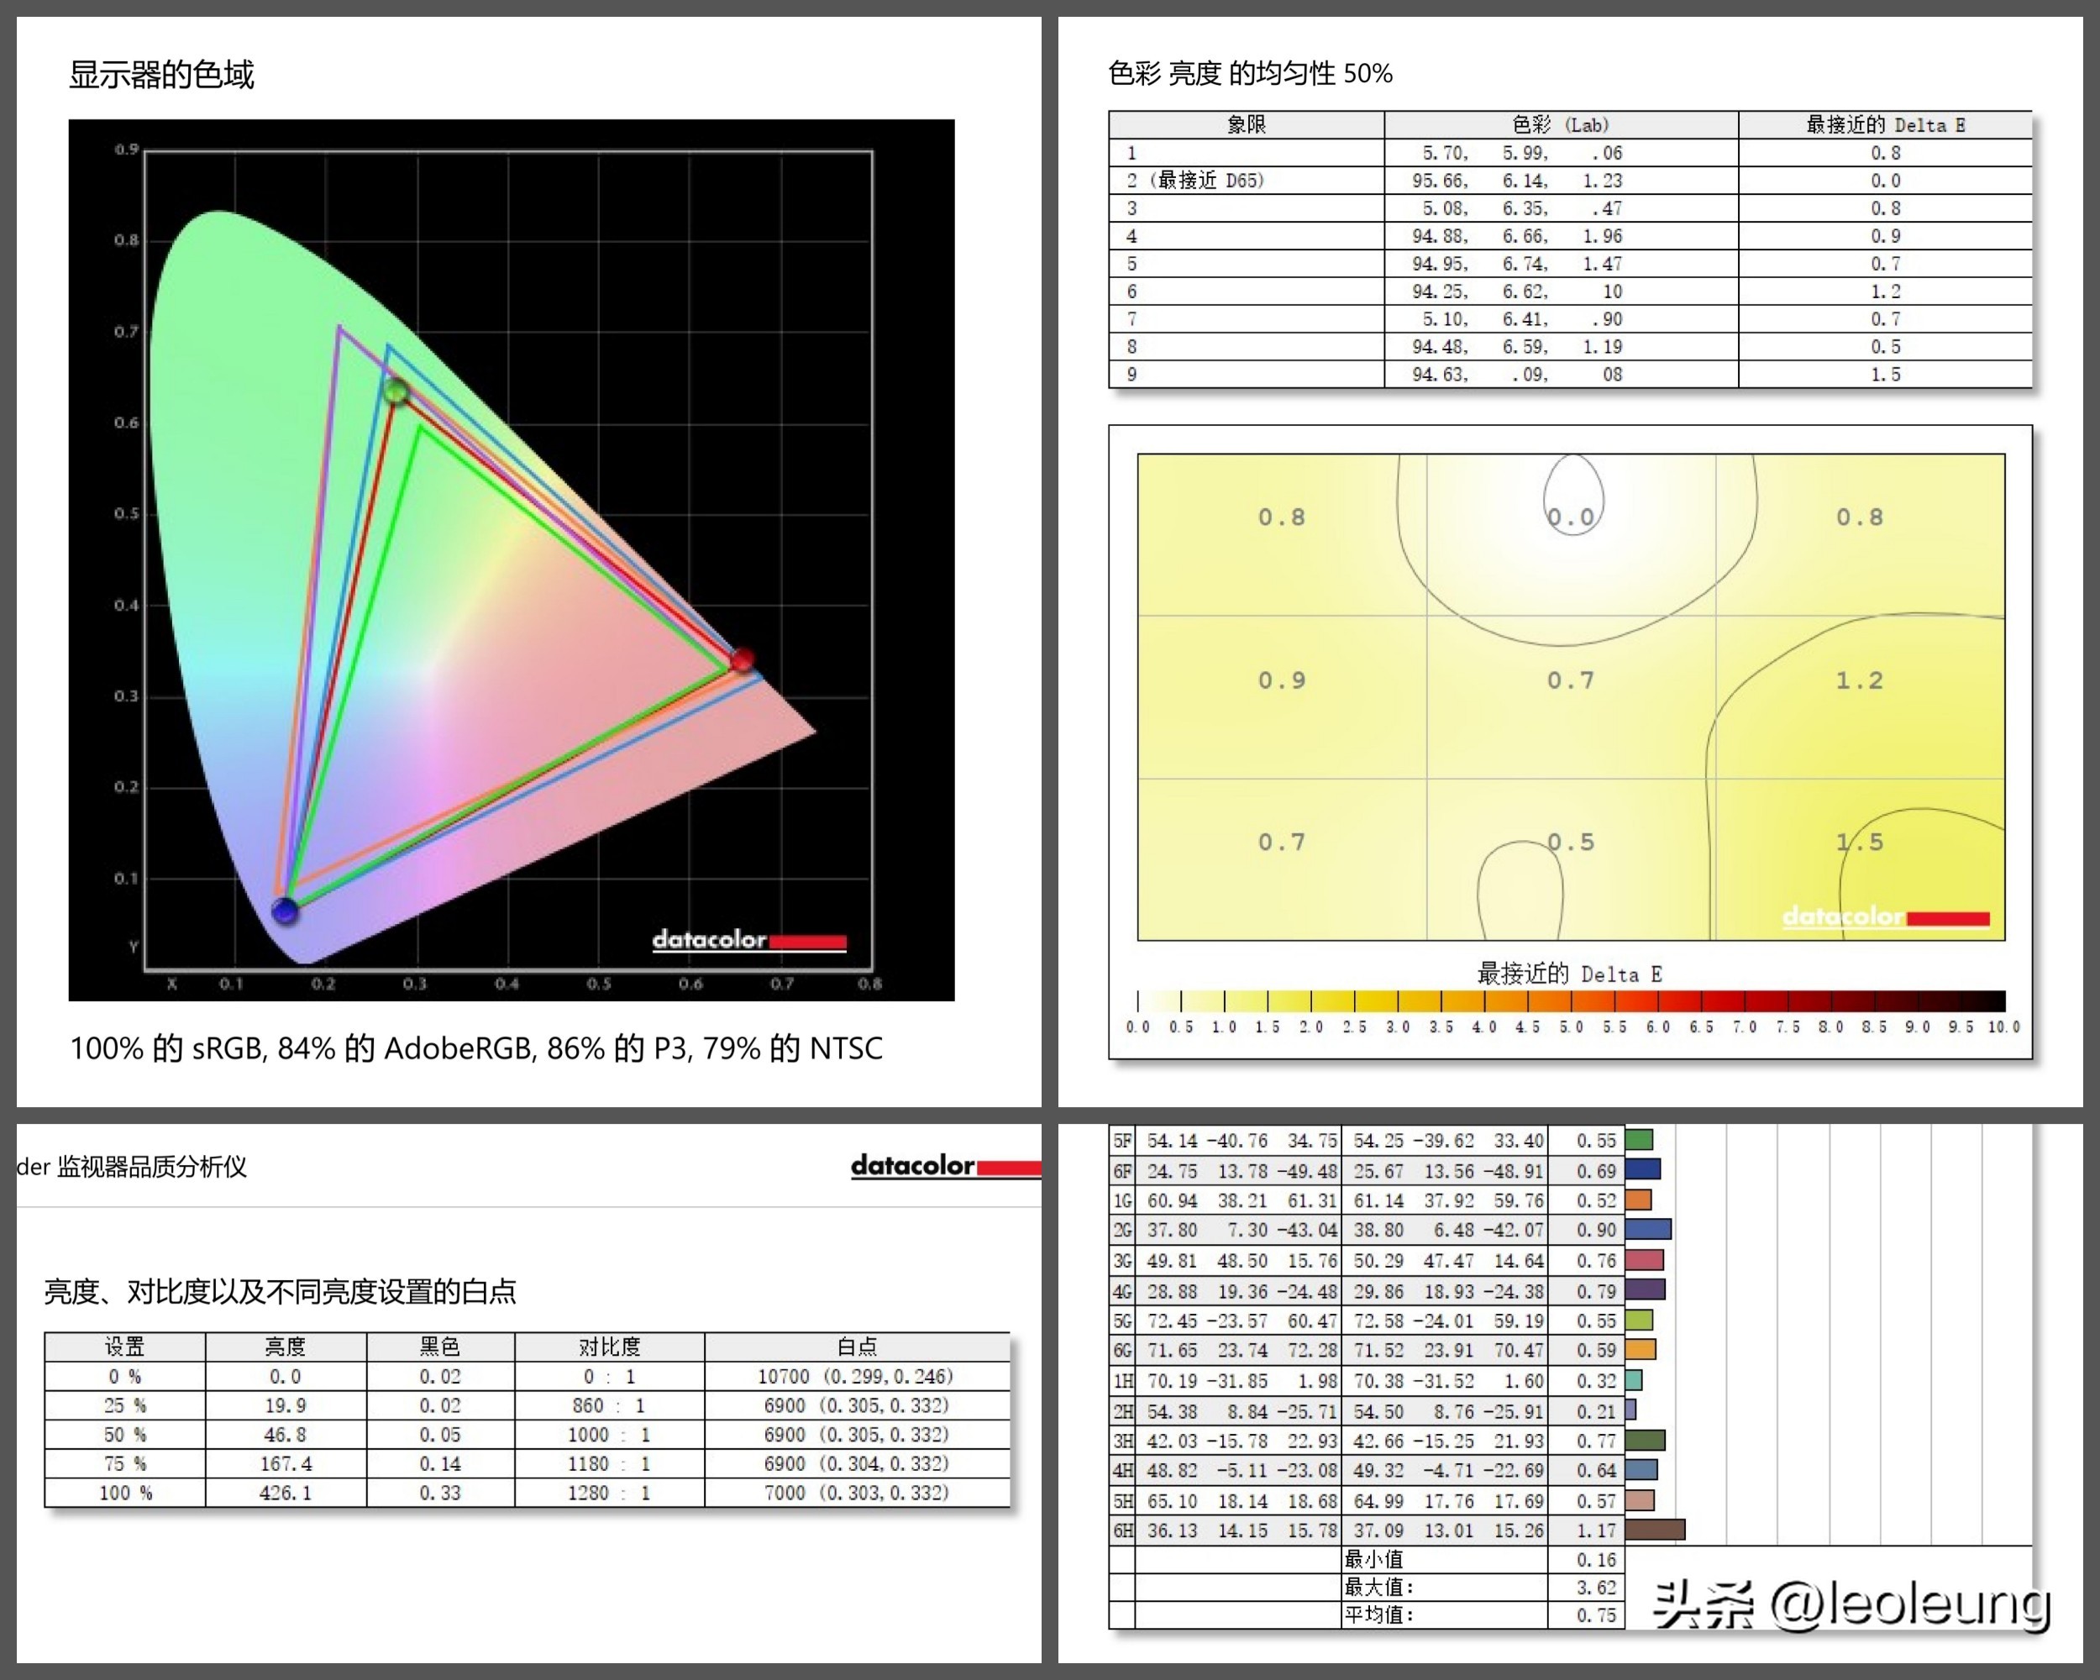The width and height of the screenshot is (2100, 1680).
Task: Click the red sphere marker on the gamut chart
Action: tap(743, 659)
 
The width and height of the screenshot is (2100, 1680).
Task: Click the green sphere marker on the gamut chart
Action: tap(396, 391)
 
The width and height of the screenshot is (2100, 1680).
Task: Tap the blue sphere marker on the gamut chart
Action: tap(285, 911)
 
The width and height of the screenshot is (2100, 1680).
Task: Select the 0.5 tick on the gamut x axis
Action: tap(598, 984)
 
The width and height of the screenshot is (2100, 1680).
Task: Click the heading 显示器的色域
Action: tap(161, 75)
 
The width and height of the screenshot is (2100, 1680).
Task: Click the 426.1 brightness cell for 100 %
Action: tap(286, 1493)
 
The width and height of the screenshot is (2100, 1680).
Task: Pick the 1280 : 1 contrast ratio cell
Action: tap(609, 1493)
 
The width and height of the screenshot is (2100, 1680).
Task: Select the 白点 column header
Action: tap(856, 1347)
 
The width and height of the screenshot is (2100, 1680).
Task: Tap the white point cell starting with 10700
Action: tap(856, 1376)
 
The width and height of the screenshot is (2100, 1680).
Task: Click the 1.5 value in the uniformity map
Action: tap(1860, 843)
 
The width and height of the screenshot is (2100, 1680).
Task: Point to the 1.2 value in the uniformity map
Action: tap(1860, 680)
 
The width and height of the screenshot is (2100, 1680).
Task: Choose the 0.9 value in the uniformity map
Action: tap(1281, 680)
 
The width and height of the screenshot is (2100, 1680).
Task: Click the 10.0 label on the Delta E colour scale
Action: tap(2003, 1026)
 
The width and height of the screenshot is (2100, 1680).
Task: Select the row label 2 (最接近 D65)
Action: tap(1195, 180)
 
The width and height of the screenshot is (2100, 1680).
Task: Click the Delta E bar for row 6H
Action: tap(1655, 1530)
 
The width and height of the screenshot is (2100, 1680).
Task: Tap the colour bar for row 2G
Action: tap(1648, 1230)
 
